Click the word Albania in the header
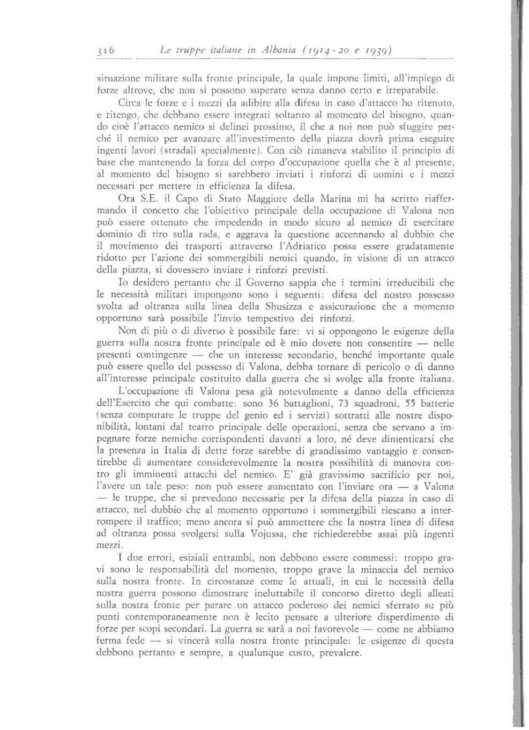273,51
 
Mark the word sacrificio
397,475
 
